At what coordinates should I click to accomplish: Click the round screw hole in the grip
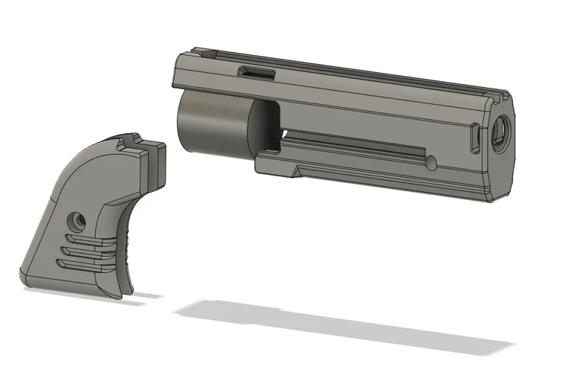(x=75, y=220)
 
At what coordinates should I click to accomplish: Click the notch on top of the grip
(x=132, y=140)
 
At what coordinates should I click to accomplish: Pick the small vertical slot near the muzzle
(x=474, y=140)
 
